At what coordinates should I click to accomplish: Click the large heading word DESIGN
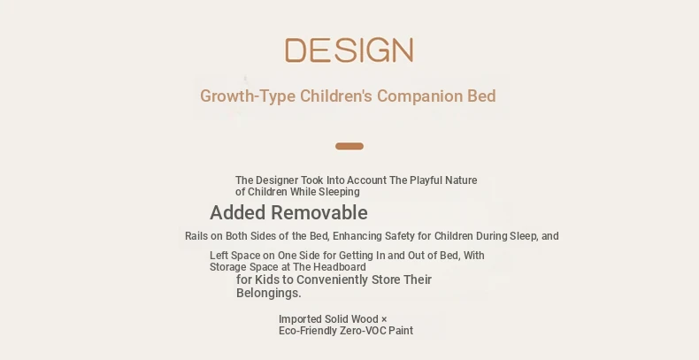click(349, 50)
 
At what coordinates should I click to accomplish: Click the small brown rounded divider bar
click(349, 146)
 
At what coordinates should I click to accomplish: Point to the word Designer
click(276, 180)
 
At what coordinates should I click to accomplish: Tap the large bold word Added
click(238, 212)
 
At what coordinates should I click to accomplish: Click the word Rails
click(196, 235)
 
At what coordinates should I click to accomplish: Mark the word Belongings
click(269, 293)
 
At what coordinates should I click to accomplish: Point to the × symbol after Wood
click(384, 319)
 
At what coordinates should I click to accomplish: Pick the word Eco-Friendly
click(308, 331)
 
